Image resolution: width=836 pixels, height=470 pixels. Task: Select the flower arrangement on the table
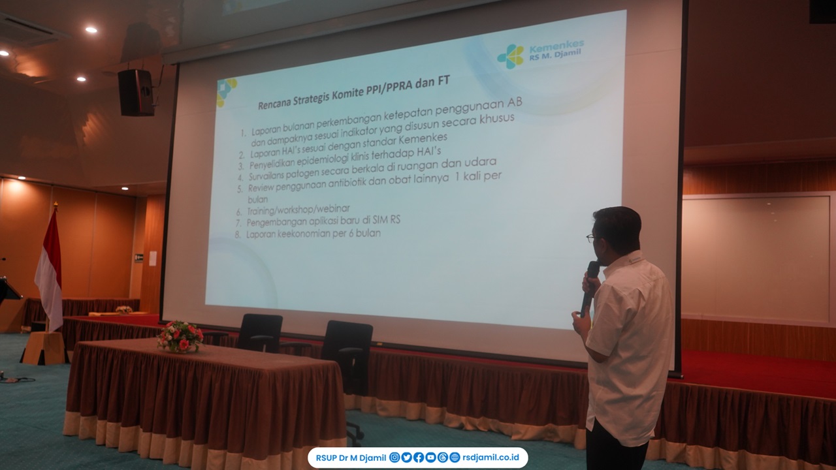pyautogui.click(x=180, y=336)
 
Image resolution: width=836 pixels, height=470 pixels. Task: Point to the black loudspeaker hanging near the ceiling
pyautogui.click(x=137, y=93)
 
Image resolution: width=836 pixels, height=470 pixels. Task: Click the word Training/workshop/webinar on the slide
pyautogui.click(x=298, y=210)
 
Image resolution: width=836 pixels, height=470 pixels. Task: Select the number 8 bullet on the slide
pyautogui.click(x=238, y=234)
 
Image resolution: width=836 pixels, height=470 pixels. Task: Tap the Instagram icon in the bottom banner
pyautogui.click(x=394, y=458)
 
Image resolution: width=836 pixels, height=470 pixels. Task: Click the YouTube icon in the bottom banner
pyautogui.click(x=430, y=458)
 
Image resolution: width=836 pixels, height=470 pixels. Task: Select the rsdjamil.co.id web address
pyautogui.click(x=490, y=458)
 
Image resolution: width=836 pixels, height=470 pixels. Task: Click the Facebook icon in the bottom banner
pyautogui.click(x=419, y=458)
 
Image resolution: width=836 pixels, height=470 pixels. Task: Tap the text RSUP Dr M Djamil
pyautogui.click(x=351, y=458)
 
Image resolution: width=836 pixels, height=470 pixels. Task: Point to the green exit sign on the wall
pyautogui.click(x=139, y=257)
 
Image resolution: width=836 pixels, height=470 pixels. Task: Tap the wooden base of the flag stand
pyautogui.click(x=44, y=348)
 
